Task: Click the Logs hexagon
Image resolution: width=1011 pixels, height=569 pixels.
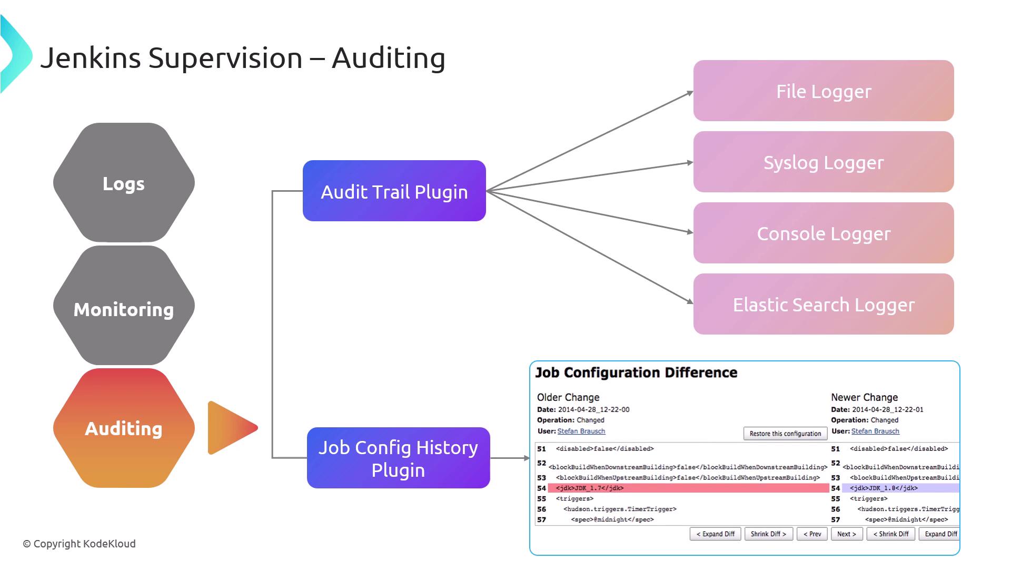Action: point(124,183)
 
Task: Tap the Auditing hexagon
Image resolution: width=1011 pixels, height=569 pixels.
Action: point(124,428)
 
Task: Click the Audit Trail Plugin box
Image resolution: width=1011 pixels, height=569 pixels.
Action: point(394,191)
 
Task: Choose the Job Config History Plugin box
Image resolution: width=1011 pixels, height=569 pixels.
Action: point(398,458)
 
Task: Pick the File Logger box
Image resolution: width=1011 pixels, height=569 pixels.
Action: point(823,91)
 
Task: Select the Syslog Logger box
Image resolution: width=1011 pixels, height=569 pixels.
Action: point(823,162)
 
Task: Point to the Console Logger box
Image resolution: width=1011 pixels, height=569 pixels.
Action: point(823,233)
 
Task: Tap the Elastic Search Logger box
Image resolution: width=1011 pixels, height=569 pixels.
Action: point(823,304)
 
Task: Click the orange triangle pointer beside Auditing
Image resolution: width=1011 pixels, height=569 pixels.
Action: point(229,428)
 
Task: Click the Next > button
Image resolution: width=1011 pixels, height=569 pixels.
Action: point(846,534)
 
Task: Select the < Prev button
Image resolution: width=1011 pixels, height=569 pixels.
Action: point(812,534)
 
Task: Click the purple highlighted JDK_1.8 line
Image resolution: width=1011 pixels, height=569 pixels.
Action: point(900,488)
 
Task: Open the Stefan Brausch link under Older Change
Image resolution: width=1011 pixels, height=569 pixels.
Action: point(581,431)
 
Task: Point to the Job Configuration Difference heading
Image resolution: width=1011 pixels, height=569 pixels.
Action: point(636,372)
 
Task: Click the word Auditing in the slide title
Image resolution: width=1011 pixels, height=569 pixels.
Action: point(389,58)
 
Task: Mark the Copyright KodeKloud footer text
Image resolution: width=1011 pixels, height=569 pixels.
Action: point(79,544)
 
